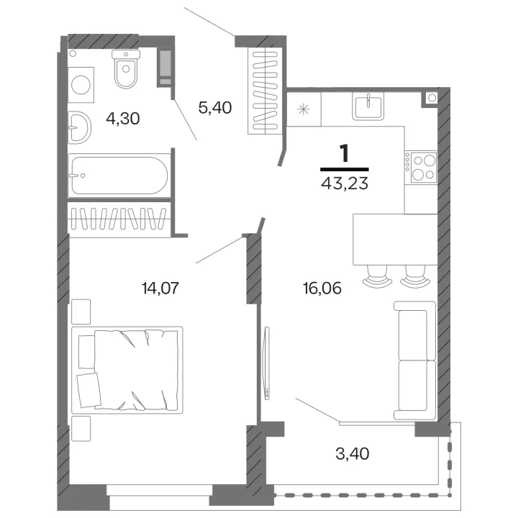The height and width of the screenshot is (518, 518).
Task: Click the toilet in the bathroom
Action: [x=126, y=69]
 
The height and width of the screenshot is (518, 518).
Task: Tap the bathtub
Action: [x=119, y=176]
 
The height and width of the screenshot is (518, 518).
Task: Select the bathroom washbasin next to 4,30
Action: [x=79, y=127]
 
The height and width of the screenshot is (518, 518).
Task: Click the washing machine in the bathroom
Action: [x=81, y=85]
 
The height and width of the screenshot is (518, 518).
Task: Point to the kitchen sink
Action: [x=368, y=106]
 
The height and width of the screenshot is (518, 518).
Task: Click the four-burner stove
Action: [x=421, y=168]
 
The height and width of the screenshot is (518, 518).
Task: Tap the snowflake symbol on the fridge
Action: [x=304, y=109]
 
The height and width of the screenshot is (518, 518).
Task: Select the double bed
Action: [x=127, y=370]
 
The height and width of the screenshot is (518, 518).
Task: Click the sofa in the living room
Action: [x=415, y=360]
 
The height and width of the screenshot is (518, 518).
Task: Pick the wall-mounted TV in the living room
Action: [x=267, y=363]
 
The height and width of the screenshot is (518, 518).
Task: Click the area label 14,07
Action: [x=160, y=288]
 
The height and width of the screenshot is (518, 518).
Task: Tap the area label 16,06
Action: [x=322, y=288]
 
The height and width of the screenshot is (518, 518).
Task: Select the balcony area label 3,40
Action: [x=352, y=453]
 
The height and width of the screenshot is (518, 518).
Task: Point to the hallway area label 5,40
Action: [x=214, y=108]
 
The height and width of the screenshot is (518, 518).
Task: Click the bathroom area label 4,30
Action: [x=123, y=118]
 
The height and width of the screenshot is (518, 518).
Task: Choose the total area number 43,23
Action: [x=345, y=183]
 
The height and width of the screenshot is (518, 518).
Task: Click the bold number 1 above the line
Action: [x=345, y=154]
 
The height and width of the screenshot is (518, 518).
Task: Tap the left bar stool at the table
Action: [x=377, y=276]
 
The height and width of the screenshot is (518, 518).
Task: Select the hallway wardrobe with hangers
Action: [x=265, y=91]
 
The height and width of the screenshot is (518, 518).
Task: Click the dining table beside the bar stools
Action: [x=395, y=239]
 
